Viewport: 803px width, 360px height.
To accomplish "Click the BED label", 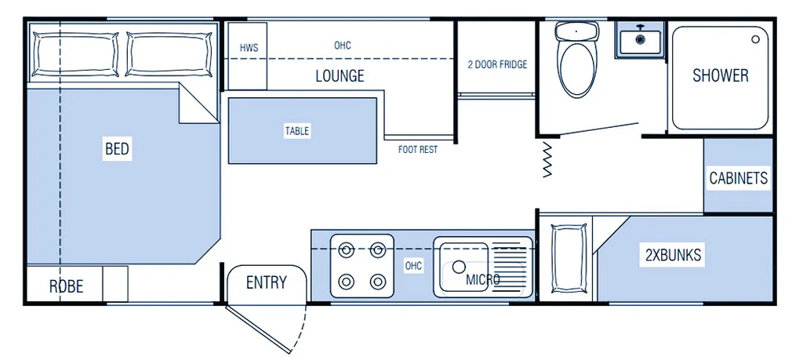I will click(x=117, y=148).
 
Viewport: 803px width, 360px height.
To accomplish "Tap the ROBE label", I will click(x=67, y=286).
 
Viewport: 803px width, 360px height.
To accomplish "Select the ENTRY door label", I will click(x=266, y=282).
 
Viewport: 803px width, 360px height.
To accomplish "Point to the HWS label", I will click(x=249, y=49).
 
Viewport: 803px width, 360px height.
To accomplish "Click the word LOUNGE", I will click(x=340, y=76).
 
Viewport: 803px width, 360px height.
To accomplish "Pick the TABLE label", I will click(x=296, y=131).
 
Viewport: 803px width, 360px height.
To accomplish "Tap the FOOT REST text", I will click(x=417, y=149).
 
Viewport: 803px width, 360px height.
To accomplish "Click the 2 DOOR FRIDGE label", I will click(x=496, y=64).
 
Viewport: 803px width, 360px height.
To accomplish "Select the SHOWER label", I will click(x=720, y=75).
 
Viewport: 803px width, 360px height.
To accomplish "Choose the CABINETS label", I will click(x=738, y=178).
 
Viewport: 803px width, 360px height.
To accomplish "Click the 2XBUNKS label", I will click(x=673, y=254).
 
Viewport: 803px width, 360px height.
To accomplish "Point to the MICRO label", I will click(x=483, y=279).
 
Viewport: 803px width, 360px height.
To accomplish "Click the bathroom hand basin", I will click(x=640, y=39).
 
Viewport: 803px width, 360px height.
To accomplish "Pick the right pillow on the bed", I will click(x=169, y=54).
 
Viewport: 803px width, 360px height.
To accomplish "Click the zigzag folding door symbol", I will click(x=547, y=160).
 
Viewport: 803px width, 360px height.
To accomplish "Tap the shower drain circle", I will click(x=756, y=38).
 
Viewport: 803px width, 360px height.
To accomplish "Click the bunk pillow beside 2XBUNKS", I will click(x=569, y=258).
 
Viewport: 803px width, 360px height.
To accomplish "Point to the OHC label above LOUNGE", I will click(x=343, y=45).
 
